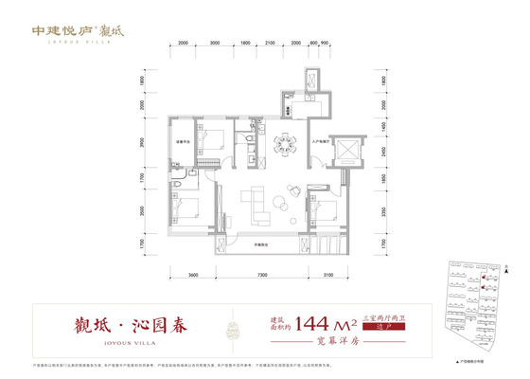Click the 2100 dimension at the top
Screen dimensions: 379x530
click(270, 44)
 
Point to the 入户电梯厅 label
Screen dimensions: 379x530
click(319, 142)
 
